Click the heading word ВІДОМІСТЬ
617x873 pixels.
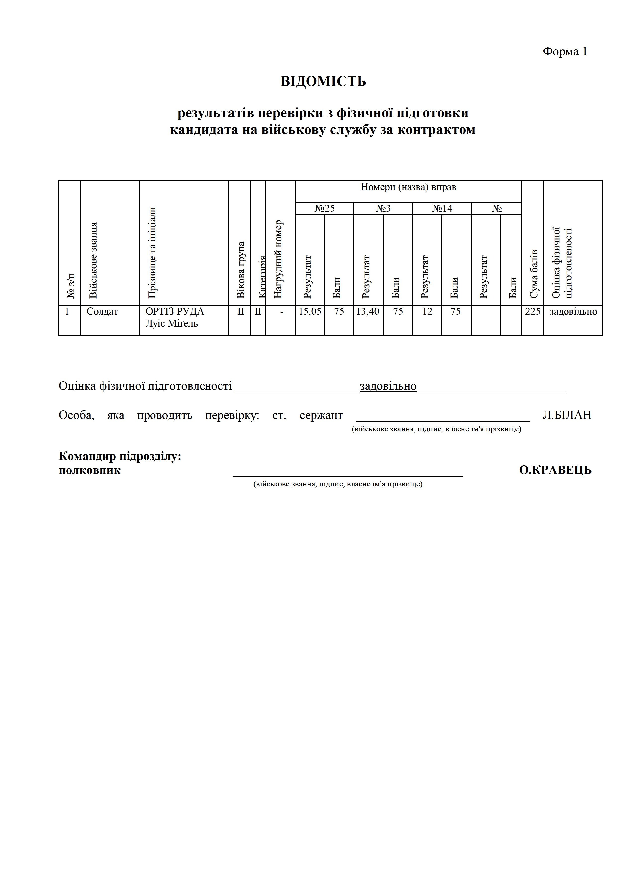pyautogui.click(x=323, y=81)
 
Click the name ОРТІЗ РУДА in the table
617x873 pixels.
pyautogui.click(x=175, y=311)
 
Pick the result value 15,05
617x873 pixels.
pyautogui.click(x=309, y=311)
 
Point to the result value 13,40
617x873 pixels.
pyautogui.click(x=368, y=311)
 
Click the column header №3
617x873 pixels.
pyautogui.click(x=383, y=208)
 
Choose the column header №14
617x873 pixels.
pyautogui.click(x=442, y=208)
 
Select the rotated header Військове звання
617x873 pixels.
pyautogui.click(x=93, y=261)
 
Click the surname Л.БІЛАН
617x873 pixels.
pyautogui.click(x=567, y=415)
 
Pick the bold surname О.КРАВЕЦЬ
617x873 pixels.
pyautogui.click(x=555, y=470)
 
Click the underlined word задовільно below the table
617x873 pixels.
pyautogui.click(x=388, y=386)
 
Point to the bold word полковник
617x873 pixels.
pyautogui.click(x=90, y=470)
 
